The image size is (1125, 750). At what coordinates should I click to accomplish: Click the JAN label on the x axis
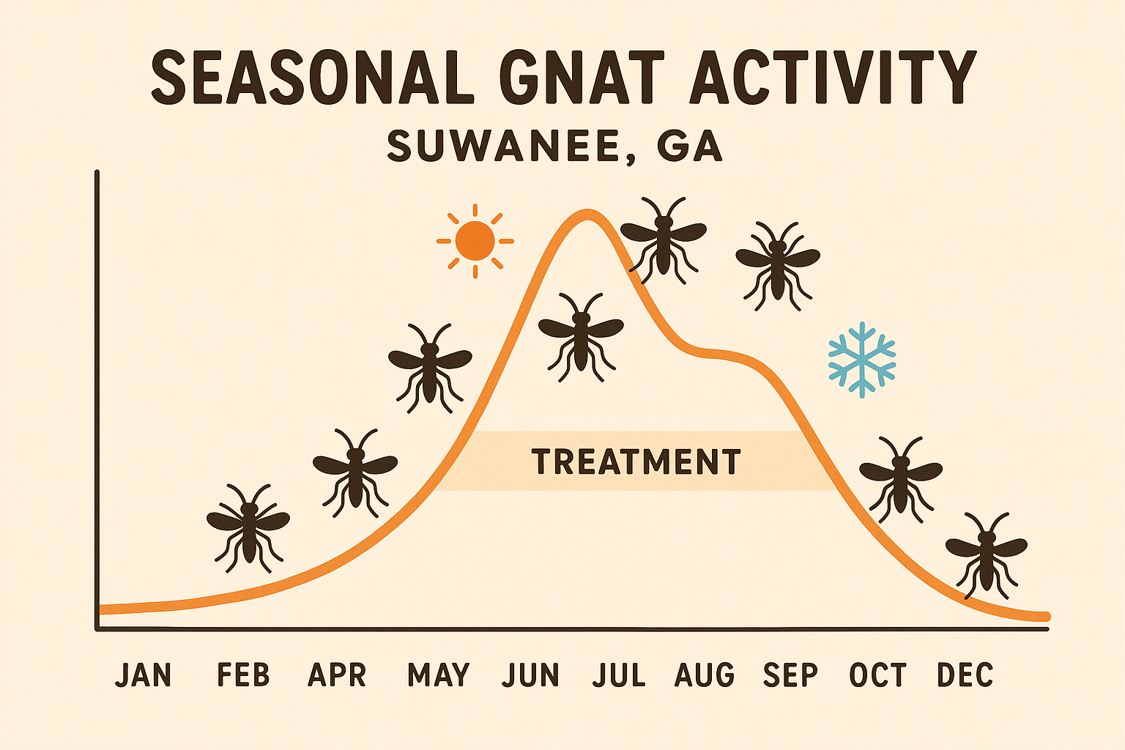pyautogui.click(x=144, y=675)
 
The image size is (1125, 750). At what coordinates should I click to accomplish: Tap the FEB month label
pyautogui.click(x=243, y=675)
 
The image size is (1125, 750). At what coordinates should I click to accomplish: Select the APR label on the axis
pyautogui.click(x=337, y=675)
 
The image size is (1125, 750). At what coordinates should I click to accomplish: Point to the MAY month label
pyautogui.click(x=438, y=675)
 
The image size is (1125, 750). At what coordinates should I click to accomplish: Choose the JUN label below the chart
pyautogui.click(x=530, y=675)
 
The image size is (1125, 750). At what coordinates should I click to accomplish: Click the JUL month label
pyautogui.click(x=619, y=675)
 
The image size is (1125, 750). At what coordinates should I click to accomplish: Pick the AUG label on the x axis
pyautogui.click(x=705, y=675)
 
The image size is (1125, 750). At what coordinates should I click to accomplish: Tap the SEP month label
pyautogui.click(x=790, y=675)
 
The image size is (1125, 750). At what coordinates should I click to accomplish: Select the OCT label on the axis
pyautogui.click(x=878, y=675)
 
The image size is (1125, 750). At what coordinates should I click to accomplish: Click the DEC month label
pyautogui.click(x=965, y=675)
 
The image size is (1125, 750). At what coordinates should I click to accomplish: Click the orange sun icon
pyautogui.click(x=475, y=240)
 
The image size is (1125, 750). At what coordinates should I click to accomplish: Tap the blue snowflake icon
pyautogui.click(x=862, y=360)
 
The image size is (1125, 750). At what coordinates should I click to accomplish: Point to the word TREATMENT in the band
pyautogui.click(x=636, y=462)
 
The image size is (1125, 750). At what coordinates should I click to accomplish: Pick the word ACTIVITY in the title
pyautogui.click(x=833, y=77)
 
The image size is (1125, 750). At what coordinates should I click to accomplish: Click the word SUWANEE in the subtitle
pyautogui.click(x=503, y=146)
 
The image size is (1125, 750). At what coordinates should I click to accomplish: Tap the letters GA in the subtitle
pyautogui.click(x=689, y=146)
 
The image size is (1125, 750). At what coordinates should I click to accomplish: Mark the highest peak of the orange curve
pyautogui.click(x=587, y=213)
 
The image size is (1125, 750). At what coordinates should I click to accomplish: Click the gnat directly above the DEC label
pyautogui.click(x=986, y=553)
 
